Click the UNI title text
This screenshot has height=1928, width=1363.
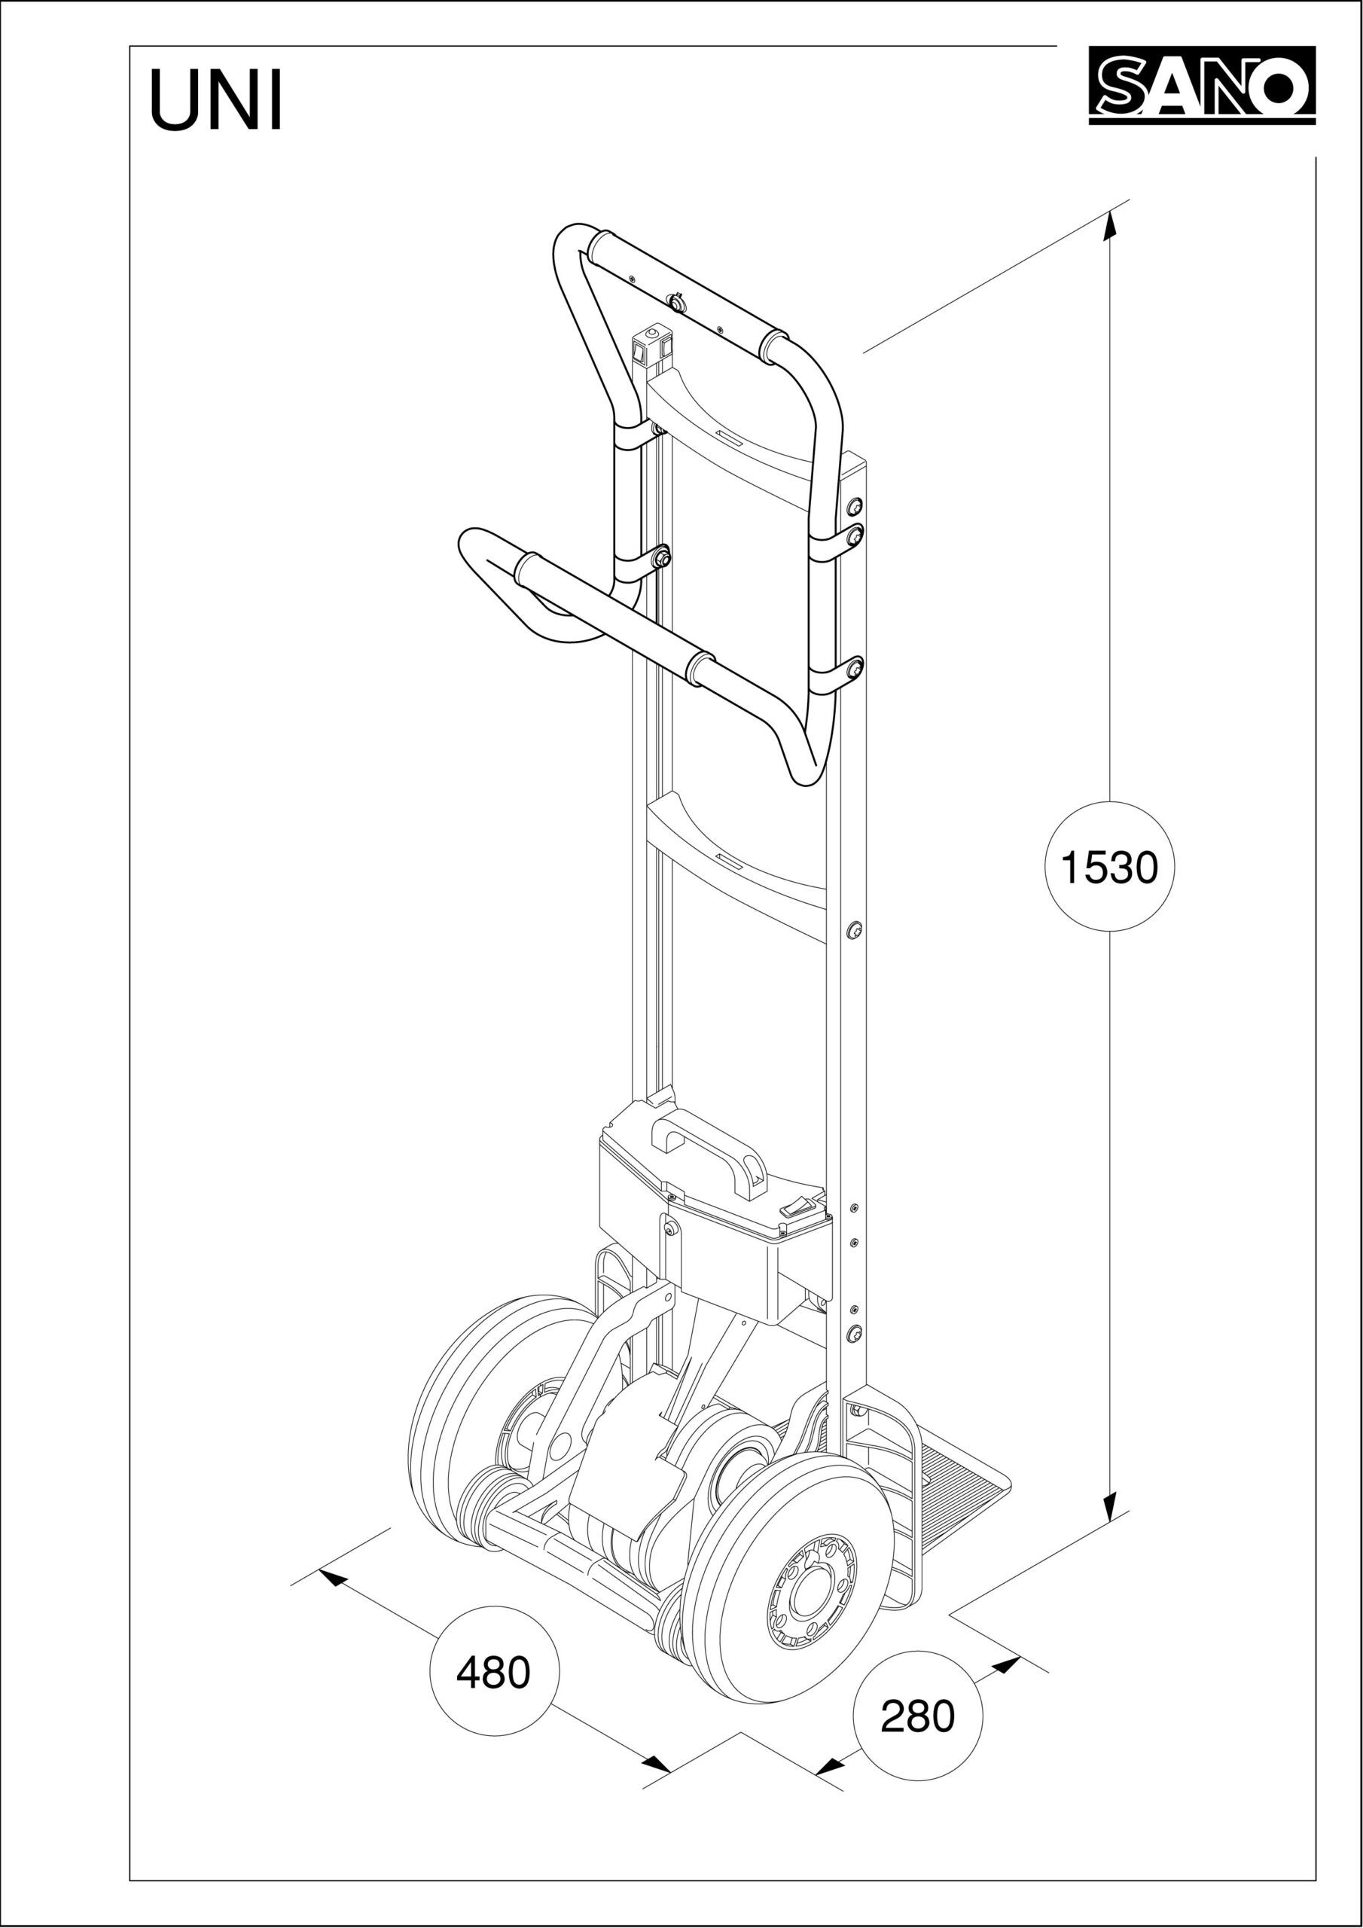pos(216,102)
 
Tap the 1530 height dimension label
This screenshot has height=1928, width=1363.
pos(1109,867)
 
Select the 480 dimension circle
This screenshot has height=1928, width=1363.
pos(494,1672)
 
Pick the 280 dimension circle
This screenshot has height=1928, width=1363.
pos(917,1716)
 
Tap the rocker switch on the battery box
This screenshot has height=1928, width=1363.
pos(797,1207)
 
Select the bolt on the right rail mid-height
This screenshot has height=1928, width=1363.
pos(854,929)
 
